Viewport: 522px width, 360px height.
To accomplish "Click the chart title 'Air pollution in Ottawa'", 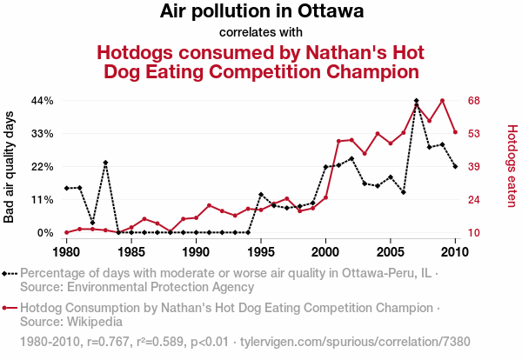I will pyautogui.click(x=261, y=12).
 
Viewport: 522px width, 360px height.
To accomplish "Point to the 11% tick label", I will pyautogui.click(x=43, y=200).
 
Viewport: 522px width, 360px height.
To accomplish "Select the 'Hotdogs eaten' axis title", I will pyautogui.click(x=512, y=167).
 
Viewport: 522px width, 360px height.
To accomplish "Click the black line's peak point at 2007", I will pyautogui.click(x=417, y=101).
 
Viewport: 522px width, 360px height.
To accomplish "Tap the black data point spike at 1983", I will pyautogui.click(x=105, y=163).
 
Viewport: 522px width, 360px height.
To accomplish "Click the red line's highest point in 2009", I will pyautogui.click(x=443, y=101).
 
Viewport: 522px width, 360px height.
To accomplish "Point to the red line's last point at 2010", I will pyautogui.click(x=455, y=132).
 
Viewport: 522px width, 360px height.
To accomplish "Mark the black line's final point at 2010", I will pyautogui.click(x=455, y=166).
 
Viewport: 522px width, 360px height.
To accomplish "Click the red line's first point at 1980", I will pyautogui.click(x=66, y=232).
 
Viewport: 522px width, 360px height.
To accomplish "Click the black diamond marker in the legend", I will pyautogui.click(x=6, y=273).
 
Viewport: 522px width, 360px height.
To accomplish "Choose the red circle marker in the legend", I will pyautogui.click(x=6, y=308).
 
